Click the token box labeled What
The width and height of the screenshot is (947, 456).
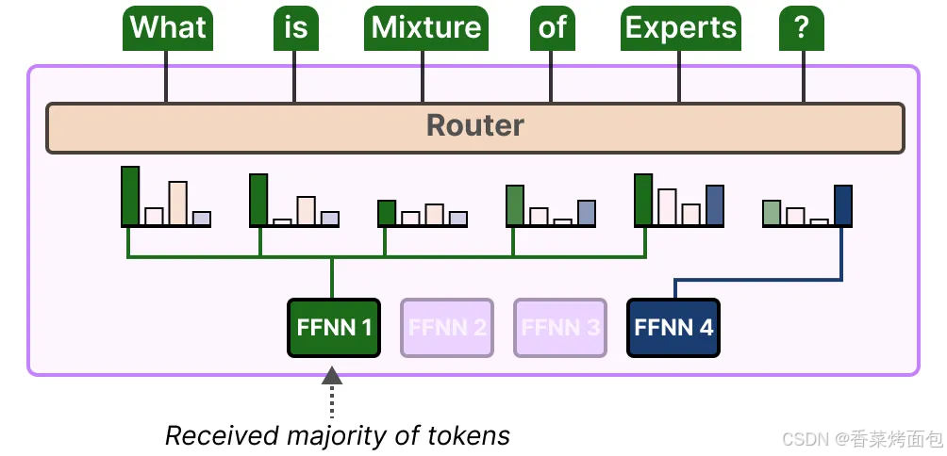(x=168, y=28)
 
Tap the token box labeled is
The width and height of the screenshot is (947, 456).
(x=296, y=28)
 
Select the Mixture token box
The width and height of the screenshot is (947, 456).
(x=425, y=28)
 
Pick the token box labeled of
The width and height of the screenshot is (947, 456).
(x=553, y=28)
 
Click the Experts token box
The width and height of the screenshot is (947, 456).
(x=681, y=28)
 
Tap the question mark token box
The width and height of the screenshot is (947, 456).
(x=802, y=28)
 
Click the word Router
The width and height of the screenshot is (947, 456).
(x=474, y=126)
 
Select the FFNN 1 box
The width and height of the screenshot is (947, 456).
(x=333, y=328)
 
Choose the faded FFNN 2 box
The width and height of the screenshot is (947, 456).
(x=447, y=328)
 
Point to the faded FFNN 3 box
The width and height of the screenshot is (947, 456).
(x=560, y=328)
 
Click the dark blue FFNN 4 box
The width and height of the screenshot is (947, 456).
(x=673, y=328)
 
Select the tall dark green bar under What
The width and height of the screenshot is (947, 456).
(x=130, y=196)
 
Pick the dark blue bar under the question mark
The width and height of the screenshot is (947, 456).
(x=843, y=205)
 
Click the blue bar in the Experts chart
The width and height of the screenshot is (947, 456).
(x=715, y=205)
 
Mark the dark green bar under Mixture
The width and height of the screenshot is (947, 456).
(x=387, y=213)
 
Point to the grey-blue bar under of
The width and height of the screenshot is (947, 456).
(x=587, y=213)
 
